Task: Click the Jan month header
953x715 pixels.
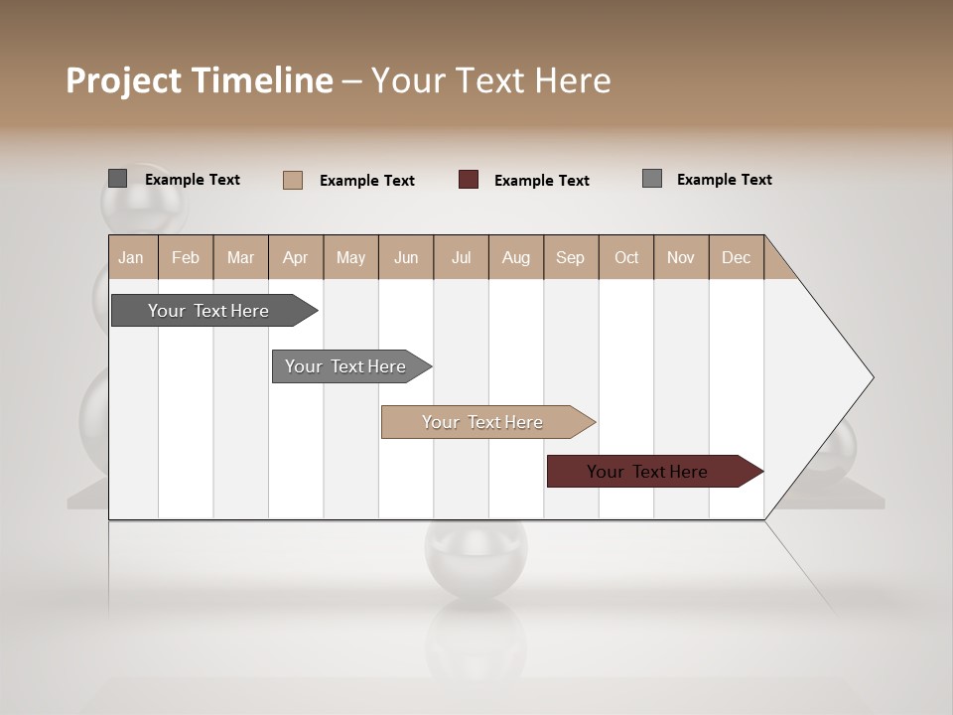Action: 131,257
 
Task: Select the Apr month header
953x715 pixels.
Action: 295,257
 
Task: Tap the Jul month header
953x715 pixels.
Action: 461,257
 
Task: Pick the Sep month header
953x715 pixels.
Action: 570,257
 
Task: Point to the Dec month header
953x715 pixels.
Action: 736,257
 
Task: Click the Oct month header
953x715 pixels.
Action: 626,257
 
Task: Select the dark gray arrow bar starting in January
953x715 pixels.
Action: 208,311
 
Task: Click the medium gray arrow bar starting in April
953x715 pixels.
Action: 345,366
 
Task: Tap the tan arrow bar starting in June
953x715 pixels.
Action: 482,422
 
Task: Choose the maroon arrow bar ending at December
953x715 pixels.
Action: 647,472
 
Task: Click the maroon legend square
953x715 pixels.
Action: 469,180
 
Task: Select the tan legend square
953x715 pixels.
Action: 293,180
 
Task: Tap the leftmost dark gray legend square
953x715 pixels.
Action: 118,179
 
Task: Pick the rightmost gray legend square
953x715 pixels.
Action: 652,179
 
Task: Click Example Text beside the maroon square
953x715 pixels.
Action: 541,181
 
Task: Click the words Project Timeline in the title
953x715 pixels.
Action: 199,80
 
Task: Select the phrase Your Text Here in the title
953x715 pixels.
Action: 490,80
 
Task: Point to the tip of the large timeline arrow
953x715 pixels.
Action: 871,377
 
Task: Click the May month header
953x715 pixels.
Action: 350,257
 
